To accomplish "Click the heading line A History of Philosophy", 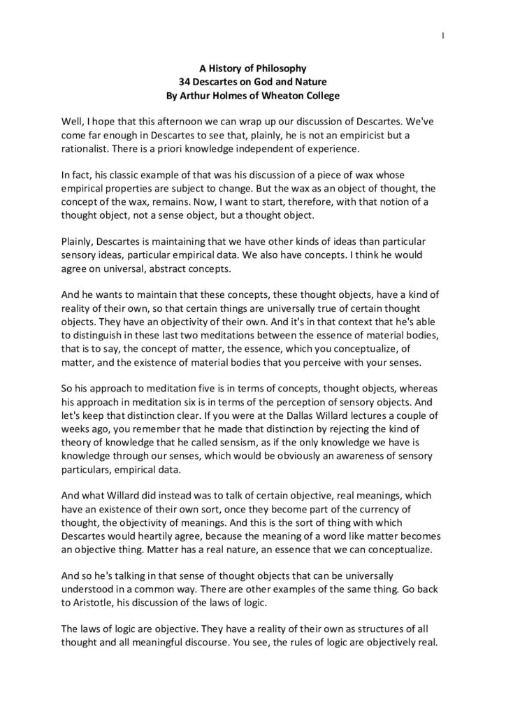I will [253, 69].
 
